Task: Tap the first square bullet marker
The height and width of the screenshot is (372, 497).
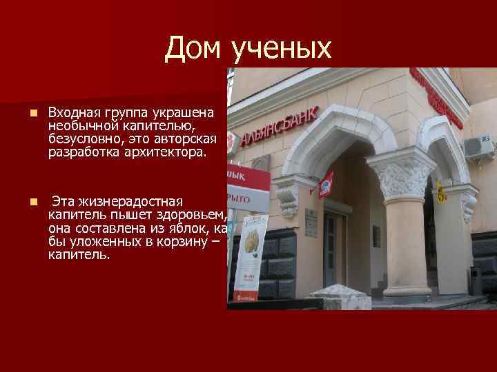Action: click(x=24, y=112)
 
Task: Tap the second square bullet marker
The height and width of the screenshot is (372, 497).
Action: click(x=24, y=202)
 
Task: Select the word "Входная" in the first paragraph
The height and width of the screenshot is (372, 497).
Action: click(x=74, y=112)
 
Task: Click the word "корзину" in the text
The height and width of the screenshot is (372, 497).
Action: click(x=177, y=242)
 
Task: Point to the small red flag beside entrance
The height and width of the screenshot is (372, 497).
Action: click(x=325, y=184)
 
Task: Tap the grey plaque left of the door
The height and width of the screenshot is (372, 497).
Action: click(x=376, y=236)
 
